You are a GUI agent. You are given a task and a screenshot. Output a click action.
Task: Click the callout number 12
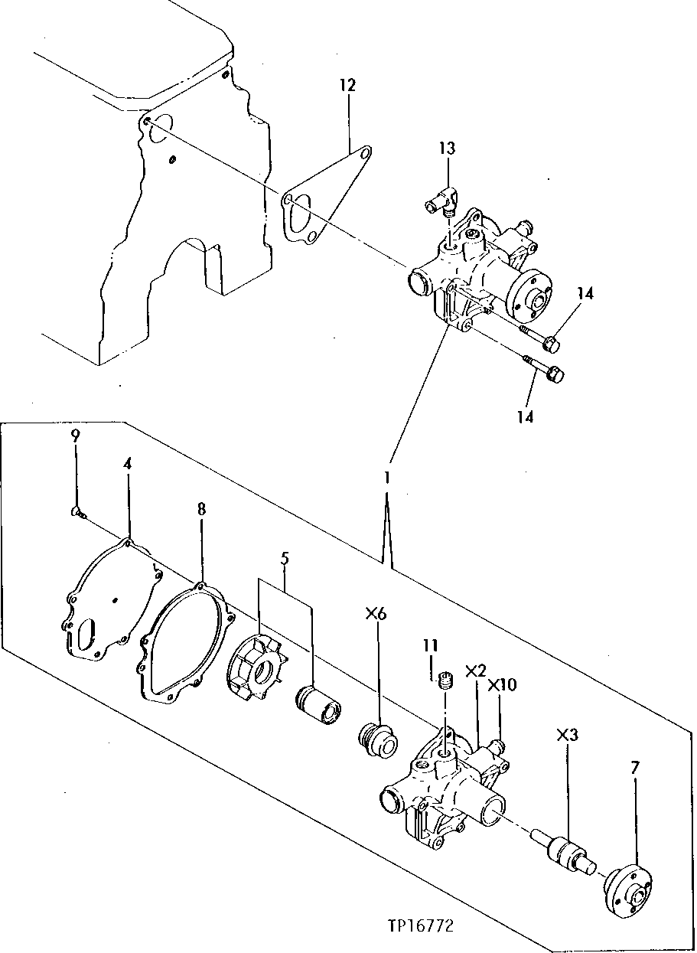(347, 85)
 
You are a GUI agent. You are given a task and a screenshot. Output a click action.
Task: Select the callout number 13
(447, 147)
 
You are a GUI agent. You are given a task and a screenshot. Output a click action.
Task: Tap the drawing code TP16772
(420, 926)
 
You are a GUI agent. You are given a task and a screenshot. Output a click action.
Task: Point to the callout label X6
(377, 613)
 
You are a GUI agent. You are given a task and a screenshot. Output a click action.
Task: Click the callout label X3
(567, 735)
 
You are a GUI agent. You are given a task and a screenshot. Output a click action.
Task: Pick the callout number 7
(634, 767)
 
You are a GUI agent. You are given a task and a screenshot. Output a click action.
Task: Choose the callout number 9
(75, 436)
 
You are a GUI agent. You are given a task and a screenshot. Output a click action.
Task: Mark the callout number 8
(200, 508)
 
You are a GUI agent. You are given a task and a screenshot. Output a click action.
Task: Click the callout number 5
(285, 559)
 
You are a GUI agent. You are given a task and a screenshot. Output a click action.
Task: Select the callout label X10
(501, 684)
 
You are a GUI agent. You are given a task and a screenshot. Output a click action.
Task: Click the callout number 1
(388, 478)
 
